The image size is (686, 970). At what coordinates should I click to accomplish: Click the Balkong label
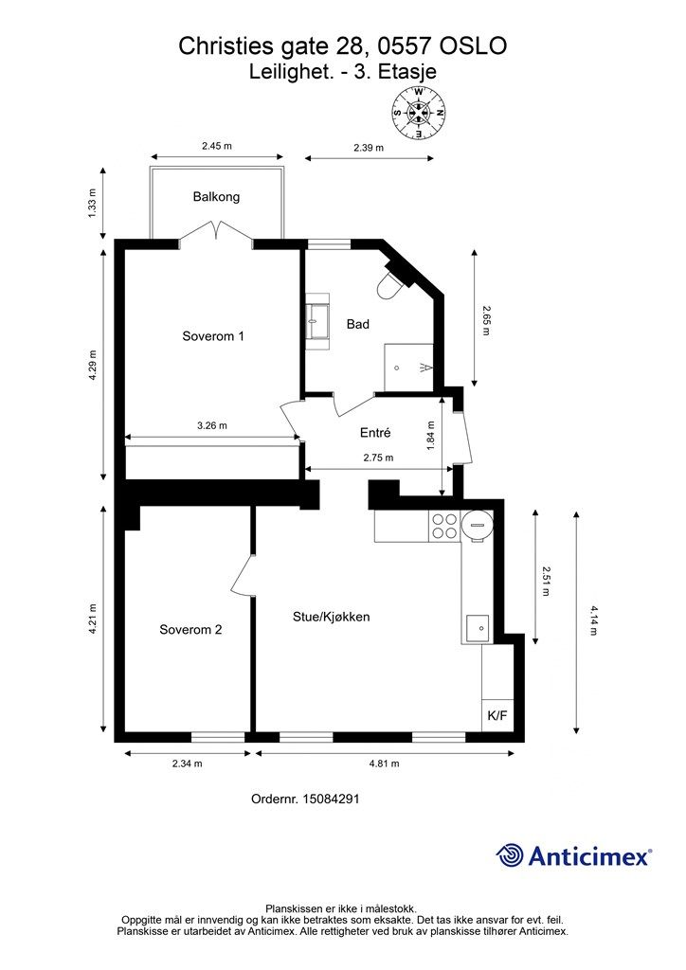[216, 197]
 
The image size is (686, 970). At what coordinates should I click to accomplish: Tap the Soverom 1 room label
[213, 336]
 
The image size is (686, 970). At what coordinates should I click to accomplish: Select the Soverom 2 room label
[190, 630]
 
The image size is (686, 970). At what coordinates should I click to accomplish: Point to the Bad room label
[357, 324]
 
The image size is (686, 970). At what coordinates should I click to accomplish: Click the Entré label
[375, 432]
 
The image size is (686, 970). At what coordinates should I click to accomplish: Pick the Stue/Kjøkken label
[331, 617]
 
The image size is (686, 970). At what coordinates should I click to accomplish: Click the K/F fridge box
[497, 716]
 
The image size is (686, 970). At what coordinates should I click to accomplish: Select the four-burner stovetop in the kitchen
[444, 527]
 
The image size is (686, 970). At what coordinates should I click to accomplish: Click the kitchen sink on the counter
[478, 627]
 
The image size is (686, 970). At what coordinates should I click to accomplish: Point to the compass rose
[419, 113]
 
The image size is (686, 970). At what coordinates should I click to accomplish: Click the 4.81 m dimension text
[384, 763]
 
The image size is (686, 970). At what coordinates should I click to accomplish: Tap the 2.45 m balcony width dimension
[216, 146]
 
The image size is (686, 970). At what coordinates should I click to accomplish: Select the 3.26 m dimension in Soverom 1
[212, 425]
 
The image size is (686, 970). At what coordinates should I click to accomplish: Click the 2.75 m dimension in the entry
[378, 458]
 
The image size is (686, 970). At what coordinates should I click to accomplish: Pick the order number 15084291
[331, 799]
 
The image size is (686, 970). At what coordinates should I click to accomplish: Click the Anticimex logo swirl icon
[510, 855]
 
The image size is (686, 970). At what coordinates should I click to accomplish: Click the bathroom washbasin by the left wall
[318, 322]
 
